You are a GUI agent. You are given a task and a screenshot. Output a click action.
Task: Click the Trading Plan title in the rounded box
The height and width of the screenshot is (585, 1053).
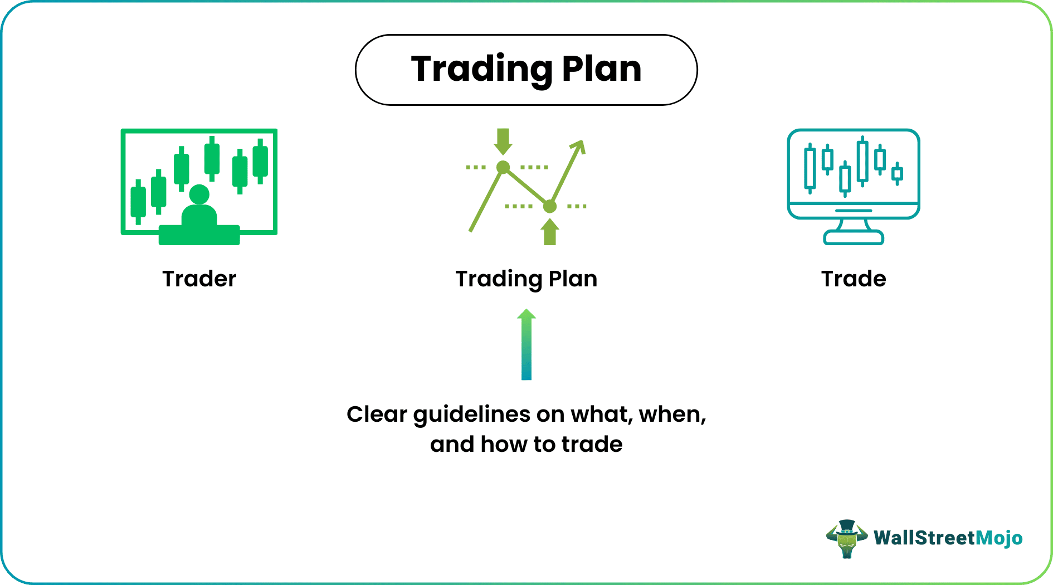point(526,69)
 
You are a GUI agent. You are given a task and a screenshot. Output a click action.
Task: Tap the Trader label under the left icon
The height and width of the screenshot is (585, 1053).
point(199,279)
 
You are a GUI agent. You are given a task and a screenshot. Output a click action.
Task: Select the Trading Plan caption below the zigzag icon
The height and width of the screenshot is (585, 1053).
point(526,279)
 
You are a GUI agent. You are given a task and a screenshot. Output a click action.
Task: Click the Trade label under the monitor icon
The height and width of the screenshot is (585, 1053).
point(853,279)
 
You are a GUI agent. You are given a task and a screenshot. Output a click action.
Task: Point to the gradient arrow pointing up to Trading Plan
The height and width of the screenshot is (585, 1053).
point(526,345)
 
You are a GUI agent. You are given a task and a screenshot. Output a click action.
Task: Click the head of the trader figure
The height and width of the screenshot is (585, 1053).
point(199,194)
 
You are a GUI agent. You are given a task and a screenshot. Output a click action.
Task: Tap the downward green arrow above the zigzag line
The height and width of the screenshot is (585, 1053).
point(503,141)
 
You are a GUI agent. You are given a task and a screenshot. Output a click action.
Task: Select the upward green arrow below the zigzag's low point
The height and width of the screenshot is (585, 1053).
point(550,232)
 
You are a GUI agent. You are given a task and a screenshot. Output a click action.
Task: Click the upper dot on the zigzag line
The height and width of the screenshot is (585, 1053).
point(503,167)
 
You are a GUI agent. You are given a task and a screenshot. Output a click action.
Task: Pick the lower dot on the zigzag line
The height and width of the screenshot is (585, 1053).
point(550,207)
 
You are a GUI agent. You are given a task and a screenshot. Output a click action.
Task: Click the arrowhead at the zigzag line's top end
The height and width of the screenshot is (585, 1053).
point(579,147)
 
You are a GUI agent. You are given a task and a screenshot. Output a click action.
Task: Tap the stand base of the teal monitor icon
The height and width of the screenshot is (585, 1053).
point(853,238)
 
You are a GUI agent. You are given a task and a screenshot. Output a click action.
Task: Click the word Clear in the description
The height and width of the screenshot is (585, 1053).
point(377,414)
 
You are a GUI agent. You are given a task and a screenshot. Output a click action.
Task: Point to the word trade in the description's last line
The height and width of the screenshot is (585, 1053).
point(592,445)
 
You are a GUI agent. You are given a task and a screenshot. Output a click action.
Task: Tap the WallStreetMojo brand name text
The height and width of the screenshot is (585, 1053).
point(948,538)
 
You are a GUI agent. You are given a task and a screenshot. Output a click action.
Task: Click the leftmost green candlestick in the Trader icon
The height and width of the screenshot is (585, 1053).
point(138,202)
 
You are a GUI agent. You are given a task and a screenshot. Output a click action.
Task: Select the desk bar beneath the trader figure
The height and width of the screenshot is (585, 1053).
point(199,235)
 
